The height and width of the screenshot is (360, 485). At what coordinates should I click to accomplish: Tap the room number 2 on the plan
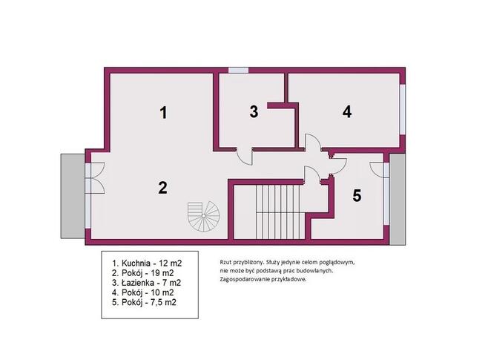pos(162,187)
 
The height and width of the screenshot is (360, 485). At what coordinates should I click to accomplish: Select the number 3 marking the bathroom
pos(254,112)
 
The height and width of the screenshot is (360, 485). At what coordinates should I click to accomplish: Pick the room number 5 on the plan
pos(357,196)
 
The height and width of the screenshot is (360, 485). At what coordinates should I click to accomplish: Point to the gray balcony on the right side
pos(397,199)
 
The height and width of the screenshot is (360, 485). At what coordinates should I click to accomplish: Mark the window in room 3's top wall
pos(238,71)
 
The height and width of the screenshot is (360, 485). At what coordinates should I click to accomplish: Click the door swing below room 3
pos(243,155)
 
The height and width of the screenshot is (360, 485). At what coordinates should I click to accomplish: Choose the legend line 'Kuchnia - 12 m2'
pos(146,263)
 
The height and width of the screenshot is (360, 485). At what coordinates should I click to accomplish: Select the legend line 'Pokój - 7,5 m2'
pos(144,303)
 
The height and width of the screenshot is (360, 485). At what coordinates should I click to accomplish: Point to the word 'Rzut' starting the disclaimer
pos(226,262)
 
